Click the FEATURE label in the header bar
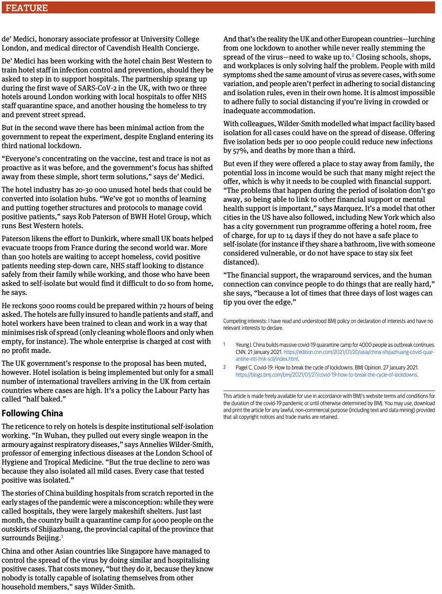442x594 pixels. [28, 8]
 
